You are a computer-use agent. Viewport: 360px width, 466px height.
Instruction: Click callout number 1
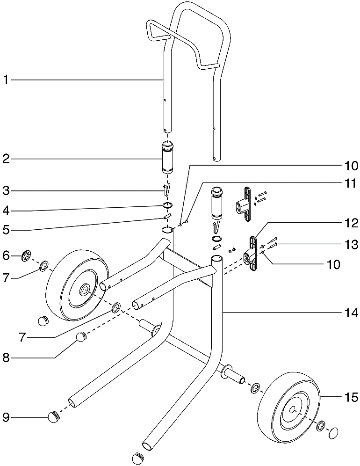[6, 80]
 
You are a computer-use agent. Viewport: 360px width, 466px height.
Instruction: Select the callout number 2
[6, 159]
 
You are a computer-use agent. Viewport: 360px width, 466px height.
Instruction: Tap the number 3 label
[6, 190]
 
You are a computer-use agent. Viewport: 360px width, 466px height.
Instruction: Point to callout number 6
[6, 255]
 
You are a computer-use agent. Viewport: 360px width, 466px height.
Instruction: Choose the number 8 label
[6, 358]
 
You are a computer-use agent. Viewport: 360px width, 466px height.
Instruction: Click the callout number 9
[6, 417]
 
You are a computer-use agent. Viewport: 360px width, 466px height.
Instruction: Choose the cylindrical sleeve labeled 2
[167, 158]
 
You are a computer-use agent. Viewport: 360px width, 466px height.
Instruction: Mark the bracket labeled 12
[252, 254]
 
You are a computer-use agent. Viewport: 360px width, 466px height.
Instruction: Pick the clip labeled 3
[167, 190]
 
